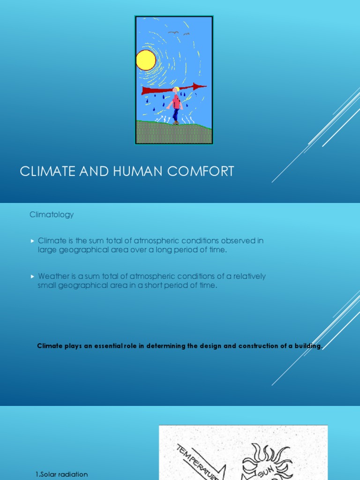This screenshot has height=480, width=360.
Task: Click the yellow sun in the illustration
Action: pyautogui.click(x=146, y=60)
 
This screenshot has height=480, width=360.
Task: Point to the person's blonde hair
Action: pyautogui.click(x=176, y=90)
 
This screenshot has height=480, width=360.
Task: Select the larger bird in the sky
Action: pyautogui.click(x=173, y=32)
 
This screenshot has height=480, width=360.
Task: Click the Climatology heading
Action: pyautogui.click(x=52, y=215)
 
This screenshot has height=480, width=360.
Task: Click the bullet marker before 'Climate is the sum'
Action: pyautogui.click(x=32, y=241)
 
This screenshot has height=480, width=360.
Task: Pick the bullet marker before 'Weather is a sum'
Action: pyautogui.click(x=32, y=277)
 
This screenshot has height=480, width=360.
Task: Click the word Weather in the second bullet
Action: pyautogui.click(x=52, y=276)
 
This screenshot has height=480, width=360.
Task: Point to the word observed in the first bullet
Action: pyautogui.click(x=235, y=240)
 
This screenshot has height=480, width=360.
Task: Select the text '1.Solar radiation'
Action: pyautogui.click(x=61, y=474)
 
